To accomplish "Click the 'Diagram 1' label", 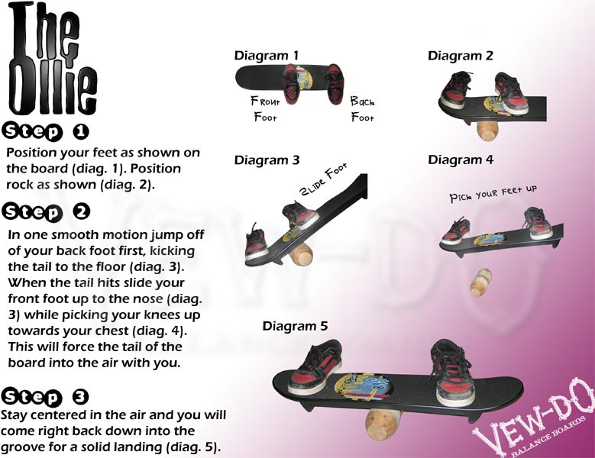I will click(x=266, y=56).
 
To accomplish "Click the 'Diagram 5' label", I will click(x=295, y=326).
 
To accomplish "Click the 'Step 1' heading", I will click(x=47, y=131).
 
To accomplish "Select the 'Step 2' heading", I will click(x=47, y=211).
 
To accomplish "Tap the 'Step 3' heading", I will click(x=47, y=396).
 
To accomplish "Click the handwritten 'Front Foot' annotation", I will click(x=265, y=108).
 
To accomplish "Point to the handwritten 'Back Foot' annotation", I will click(x=363, y=108).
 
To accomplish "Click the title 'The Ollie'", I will click(x=47, y=57).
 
